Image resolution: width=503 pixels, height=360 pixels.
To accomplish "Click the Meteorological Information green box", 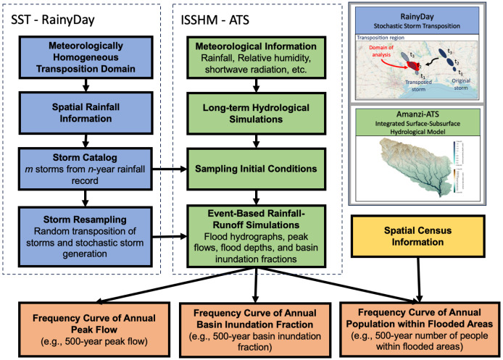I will [254, 56].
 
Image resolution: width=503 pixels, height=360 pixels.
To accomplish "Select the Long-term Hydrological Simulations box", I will [254, 113].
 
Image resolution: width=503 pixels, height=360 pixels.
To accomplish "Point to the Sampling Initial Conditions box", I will [254, 168].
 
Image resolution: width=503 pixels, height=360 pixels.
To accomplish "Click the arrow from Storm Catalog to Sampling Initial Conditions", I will [165, 168].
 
